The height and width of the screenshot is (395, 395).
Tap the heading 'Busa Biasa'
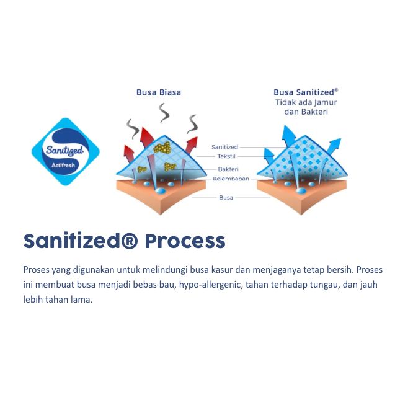pos(159,92)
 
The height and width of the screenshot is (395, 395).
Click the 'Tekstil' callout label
pos(225,156)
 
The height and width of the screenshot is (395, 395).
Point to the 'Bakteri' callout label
pos(228,169)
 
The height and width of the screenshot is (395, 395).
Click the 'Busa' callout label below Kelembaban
pos(226,197)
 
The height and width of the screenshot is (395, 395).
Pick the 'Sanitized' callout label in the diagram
pos(224,147)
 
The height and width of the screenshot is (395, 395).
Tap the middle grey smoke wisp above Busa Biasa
pos(164,113)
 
